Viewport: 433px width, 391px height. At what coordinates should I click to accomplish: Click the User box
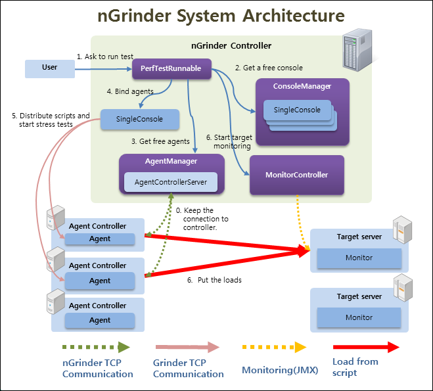coord(49,68)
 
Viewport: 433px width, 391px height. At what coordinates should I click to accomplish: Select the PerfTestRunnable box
coord(171,68)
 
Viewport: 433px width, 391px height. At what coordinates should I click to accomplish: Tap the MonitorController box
coord(296,175)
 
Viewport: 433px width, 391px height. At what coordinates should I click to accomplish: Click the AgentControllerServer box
coord(171,182)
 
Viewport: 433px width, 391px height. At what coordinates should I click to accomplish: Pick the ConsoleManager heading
coord(302,86)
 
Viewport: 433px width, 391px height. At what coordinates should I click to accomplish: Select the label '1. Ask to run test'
coord(104,57)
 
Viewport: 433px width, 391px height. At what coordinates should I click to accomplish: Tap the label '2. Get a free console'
coord(269,68)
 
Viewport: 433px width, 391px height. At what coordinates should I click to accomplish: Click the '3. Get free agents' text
coord(160,142)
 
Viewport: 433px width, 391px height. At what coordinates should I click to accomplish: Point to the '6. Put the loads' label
coord(214,280)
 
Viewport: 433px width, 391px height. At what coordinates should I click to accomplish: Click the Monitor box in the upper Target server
coord(359,258)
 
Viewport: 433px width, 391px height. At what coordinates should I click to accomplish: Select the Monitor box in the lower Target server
coord(359,317)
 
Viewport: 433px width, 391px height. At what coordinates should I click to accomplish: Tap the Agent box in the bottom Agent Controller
coord(100,321)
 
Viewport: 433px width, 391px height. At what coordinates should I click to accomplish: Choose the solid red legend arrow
coord(366,347)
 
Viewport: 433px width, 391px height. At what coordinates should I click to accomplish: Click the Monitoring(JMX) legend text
coord(280,370)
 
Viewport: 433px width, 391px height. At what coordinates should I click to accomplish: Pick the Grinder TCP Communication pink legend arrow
coord(187,347)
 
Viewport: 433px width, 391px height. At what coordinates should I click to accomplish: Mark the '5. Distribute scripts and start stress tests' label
coord(51,120)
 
